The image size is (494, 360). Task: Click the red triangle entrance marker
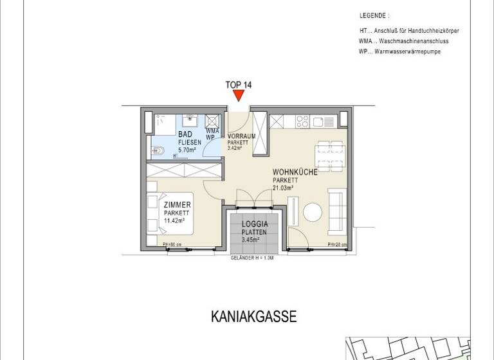click(239, 95)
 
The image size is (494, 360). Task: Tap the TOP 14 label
click(239, 84)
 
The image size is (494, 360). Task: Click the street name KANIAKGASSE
click(253, 317)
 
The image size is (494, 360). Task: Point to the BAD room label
click(185, 134)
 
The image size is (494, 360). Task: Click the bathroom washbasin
click(190, 120)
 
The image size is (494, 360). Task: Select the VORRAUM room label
click(241, 136)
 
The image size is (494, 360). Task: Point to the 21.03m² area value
click(283, 188)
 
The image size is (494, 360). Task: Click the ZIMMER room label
click(177, 205)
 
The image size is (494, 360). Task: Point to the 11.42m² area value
click(174, 221)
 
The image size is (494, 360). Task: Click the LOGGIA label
click(254, 224)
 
